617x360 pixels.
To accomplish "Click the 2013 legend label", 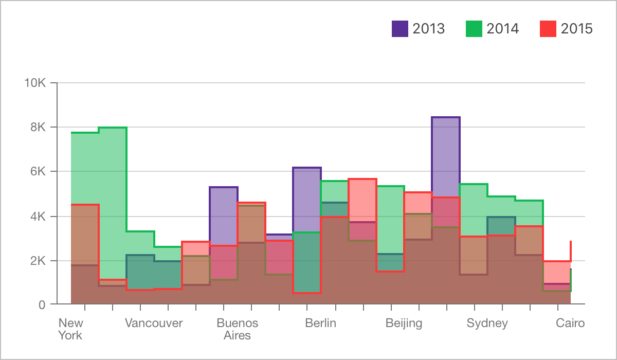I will click(x=428, y=28).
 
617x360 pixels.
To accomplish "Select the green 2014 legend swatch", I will click(x=474, y=28).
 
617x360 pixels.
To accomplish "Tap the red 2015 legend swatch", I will click(x=548, y=28).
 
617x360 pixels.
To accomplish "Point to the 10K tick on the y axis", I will click(x=35, y=83).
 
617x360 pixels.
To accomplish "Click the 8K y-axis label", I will click(x=38, y=127).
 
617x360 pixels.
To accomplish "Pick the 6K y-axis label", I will click(x=38, y=171).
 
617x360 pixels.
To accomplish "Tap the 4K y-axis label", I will click(x=38, y=216).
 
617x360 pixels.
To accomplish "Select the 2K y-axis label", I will click(x=38, y=260).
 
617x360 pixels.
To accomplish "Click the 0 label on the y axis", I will click(x=42, y=304).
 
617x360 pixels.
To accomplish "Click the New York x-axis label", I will click(x=70, y=329).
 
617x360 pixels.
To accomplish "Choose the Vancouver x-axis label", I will click(x=154, y=323).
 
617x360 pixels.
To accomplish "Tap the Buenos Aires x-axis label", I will click(x=237, y=329).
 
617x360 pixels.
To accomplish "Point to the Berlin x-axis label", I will click(x=320, y=323).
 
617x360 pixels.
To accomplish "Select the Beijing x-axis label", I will click(x=404, y=323).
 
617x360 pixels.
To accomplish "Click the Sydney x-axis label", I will click(x=487, y=323).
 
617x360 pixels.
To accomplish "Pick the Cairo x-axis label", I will click(x=570, y=323).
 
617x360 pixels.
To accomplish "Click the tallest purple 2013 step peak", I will click(x=446, y=118).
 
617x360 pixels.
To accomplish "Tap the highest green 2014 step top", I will click(x=113, y=128).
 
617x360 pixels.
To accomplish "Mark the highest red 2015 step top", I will click(x=362, y=179).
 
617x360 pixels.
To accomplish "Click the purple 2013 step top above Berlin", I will click(x=307, y=168).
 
